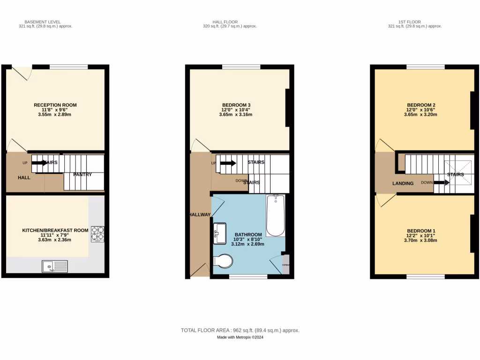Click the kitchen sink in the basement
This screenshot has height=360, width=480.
(x=55, y=266)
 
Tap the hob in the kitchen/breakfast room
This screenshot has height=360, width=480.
(x=97, y=233)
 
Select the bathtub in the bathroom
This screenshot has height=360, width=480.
(x=275, y=216)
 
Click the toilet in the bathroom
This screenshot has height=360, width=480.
(x=223, y=261)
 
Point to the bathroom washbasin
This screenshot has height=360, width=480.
(x=219, y=233)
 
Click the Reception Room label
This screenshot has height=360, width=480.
(x=55, y=105)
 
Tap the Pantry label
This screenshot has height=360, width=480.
(x=82, y=175)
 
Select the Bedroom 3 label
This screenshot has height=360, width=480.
(x=239, y=105)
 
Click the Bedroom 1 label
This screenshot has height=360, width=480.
(x=421, y=231)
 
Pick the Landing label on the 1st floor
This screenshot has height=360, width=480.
(x=403, y=183)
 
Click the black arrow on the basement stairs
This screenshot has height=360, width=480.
(x=39, y=163)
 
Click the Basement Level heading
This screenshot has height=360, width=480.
(x=42, y=22)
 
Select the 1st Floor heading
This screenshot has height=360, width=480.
(x=410, y=22)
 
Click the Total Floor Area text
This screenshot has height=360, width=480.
(x=240, y=330)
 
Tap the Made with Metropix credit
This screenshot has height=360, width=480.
(x=240, y=337)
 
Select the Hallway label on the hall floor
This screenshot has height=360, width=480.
(x=200, y=215)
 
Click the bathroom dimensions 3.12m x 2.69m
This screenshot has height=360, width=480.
(x=248, y=244)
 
